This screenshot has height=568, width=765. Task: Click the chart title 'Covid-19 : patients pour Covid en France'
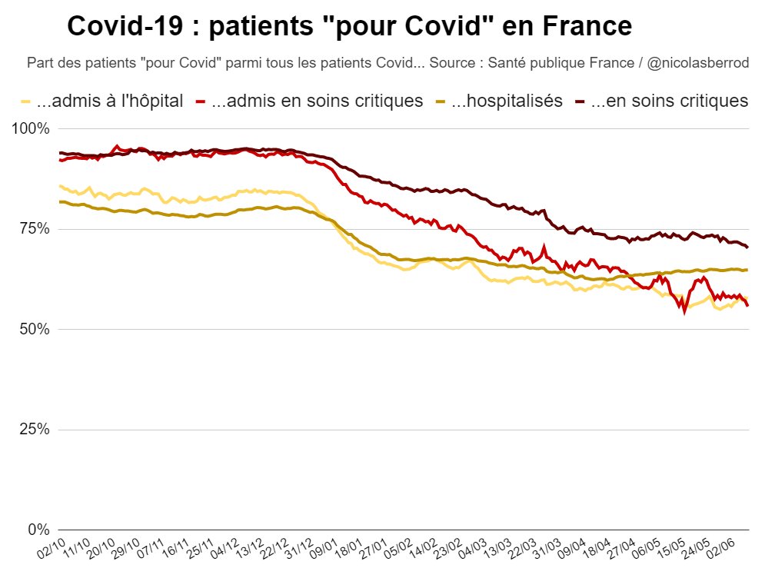point(349,26)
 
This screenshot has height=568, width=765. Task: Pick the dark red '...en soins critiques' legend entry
point(662,101)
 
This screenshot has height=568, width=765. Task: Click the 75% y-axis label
point(35,229)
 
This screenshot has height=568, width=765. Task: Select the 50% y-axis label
point(35,329)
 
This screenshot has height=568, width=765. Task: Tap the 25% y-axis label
point(35,430)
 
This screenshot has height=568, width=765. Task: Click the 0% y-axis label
point(38,530)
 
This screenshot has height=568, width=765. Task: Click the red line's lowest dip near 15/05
point(684,311)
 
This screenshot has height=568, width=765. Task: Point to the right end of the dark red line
point(748,247)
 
